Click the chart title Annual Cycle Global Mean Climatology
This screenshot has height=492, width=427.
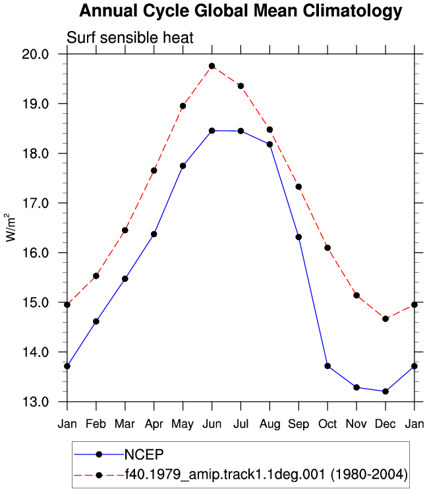(x=241, y=11)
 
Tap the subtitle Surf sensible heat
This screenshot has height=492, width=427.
(x=130, y=38)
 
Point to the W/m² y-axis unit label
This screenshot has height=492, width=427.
(x=11, y=227)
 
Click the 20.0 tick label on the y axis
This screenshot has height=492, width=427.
(x=36, y=54)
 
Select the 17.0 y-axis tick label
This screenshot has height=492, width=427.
(x=36, y=204)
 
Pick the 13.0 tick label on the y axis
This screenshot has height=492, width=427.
(x=36, y=402)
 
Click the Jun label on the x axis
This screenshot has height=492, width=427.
(x=212, y=424)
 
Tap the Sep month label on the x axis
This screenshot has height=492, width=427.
(x=299, y=425)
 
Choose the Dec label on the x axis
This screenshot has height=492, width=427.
(x=385, y=424)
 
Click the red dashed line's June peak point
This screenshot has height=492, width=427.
(x=212, y=67)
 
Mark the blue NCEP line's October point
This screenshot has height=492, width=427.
(x=327, y=366)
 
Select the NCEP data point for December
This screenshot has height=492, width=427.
(x=385, y=392)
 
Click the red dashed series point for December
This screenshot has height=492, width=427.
(x=385, y=319)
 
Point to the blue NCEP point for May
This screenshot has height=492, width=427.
(x=183, y=166)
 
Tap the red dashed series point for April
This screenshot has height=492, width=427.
(x=154, y=171)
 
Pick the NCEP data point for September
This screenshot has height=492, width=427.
(x=299, y=237)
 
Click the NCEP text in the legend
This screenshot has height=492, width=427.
(x=144, y=454)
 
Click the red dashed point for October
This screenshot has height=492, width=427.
(x=327, y=248)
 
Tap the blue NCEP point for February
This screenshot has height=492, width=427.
(x=96, y=321)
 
